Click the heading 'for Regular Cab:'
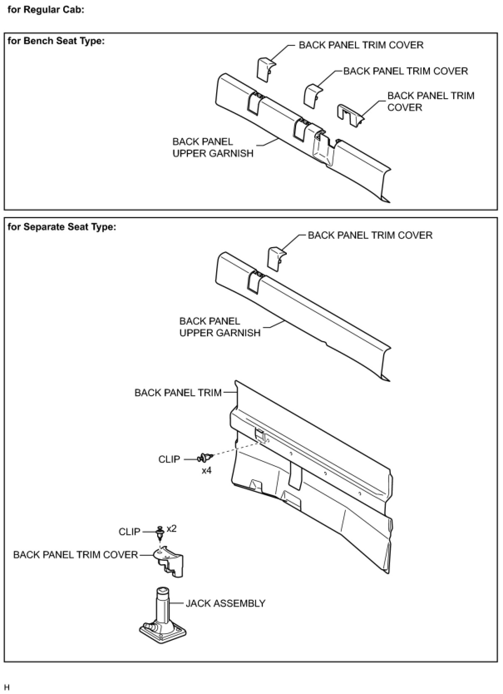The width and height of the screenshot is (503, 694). (46, 10)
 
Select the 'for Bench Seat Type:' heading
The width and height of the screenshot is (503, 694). (56, 41)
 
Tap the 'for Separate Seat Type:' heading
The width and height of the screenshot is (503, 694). (62, 227)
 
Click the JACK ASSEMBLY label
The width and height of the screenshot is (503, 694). (225, 603)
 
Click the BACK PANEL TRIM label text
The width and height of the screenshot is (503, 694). (178, 393)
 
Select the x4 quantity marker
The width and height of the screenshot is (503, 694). (207, 471)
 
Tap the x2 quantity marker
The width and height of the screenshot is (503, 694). (172, 528)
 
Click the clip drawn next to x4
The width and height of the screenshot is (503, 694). (205, 458)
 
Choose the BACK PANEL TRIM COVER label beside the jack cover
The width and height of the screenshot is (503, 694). (76, 555)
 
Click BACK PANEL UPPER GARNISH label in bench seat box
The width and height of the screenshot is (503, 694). (213, 148)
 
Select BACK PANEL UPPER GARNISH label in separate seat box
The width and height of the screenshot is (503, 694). (220, 327)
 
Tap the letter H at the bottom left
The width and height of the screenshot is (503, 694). (7, 687)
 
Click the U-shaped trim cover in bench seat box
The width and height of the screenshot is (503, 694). (349, 115)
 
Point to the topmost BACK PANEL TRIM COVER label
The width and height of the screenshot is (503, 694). (361, 45)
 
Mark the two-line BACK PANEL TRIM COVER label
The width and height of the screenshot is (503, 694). (431, 102)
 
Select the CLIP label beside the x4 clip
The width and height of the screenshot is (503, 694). (169, 459)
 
